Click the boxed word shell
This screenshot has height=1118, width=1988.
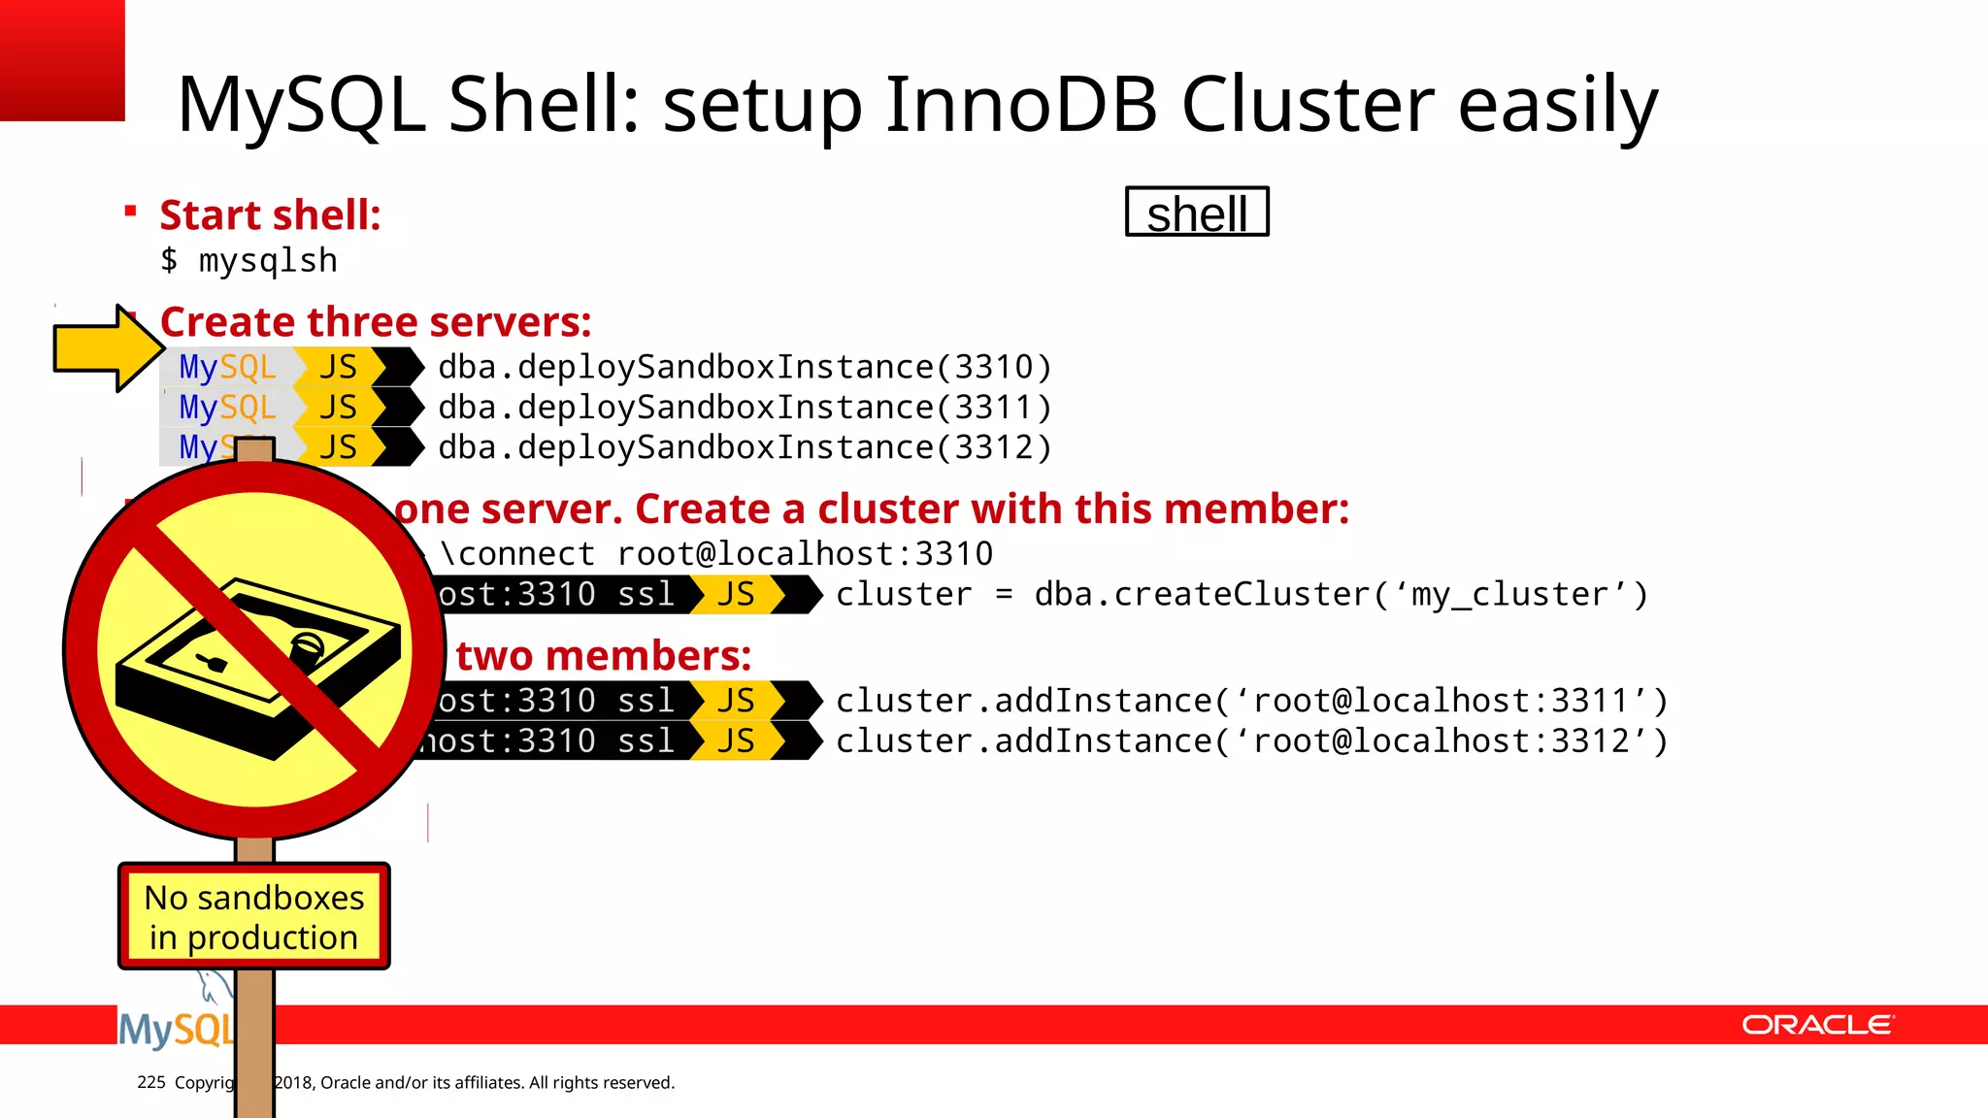[x=1197, y=212]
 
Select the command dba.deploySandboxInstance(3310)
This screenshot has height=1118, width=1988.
[x=745, y=367]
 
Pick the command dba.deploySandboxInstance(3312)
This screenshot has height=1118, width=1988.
[x=745, y=447]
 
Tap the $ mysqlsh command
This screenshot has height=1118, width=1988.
[x=249, y=260]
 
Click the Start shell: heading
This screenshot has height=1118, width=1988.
[x=270, y=214]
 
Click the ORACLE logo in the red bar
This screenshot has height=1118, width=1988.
[x=1817, y=1025]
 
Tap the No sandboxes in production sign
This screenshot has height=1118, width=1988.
[x=254, y=916]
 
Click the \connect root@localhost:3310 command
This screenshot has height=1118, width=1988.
[x=716, y=554]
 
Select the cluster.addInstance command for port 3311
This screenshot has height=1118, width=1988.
[x=1251, y=701]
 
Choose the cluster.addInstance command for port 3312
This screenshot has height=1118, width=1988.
[x=1251, y=741]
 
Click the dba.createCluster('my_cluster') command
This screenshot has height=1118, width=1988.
[x=1242, y=594]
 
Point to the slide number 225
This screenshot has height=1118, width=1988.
[x=151, y=1082]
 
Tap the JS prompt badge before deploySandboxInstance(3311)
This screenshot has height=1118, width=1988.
[x=338, y=408]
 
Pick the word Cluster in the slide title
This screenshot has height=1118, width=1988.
[x=1308, y=104]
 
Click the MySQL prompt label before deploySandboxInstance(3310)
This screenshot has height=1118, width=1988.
[x=228, y=367]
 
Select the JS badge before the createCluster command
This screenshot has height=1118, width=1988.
[x=736, y=594]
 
